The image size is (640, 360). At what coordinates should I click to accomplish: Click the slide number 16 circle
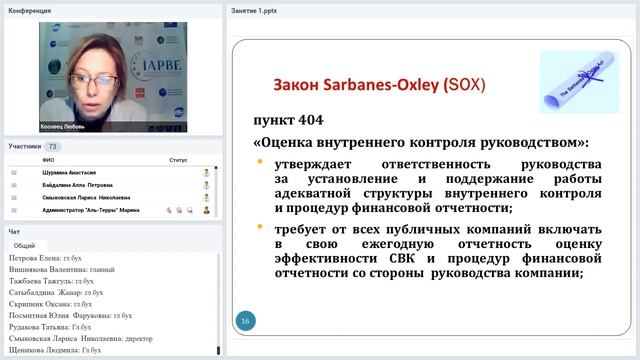244,321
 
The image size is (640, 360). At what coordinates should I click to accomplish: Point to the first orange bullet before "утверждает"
259,164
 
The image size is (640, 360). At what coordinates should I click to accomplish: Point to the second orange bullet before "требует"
259,228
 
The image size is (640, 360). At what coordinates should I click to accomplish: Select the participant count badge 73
53,147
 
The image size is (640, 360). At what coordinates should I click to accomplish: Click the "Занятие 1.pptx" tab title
254,11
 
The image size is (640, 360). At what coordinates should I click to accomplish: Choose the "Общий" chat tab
25,245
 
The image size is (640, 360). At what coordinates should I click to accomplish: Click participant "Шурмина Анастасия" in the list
71,172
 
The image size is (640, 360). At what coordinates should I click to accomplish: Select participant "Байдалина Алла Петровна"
79,185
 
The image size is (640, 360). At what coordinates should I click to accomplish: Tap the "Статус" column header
178,159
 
